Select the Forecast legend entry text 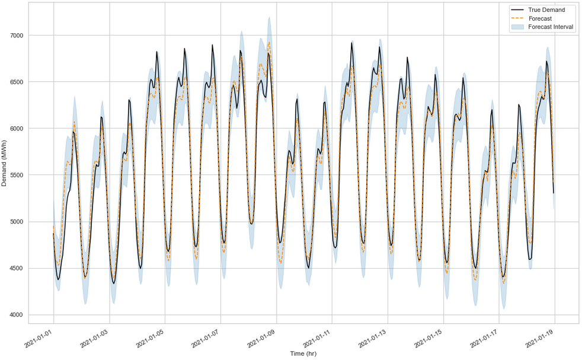[x=540, y=18]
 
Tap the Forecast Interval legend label [x=551, y=27]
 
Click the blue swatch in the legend [x=517, y=27]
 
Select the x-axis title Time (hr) [x=303, y=353]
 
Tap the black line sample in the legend [x=517, y=10]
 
